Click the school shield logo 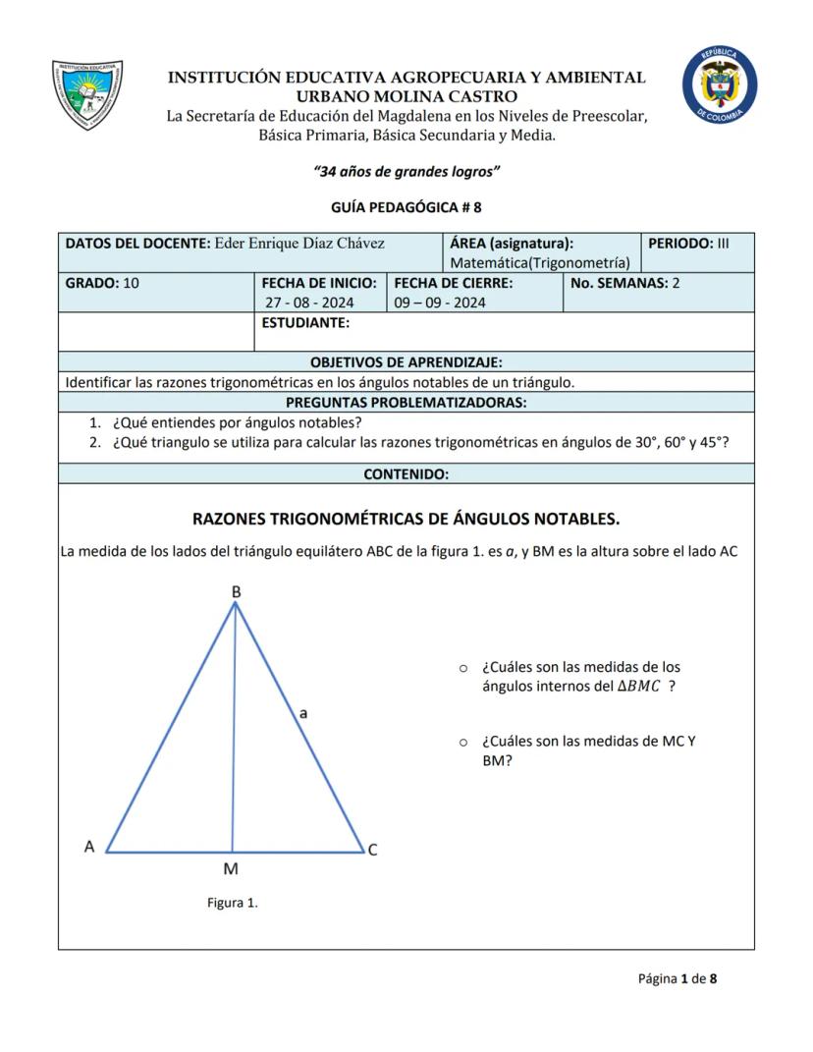[87, 95]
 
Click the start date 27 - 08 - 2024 [310, 303]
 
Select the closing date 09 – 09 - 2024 [440, 303]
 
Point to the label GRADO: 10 [102, 283]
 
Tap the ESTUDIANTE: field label [305, 322]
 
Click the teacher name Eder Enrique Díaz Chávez [298, 243]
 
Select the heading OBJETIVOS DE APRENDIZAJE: [406, 362]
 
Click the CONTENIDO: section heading [406, 473]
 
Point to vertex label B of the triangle [236, 592]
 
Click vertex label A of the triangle [89, 847]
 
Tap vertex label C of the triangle [372, 850]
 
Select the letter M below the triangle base [231, 869]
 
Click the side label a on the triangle [303, 714]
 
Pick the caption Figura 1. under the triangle [233, 903]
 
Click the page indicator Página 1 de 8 [677, 978]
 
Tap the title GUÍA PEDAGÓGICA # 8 [406, 207]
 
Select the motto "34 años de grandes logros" [406, 171]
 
